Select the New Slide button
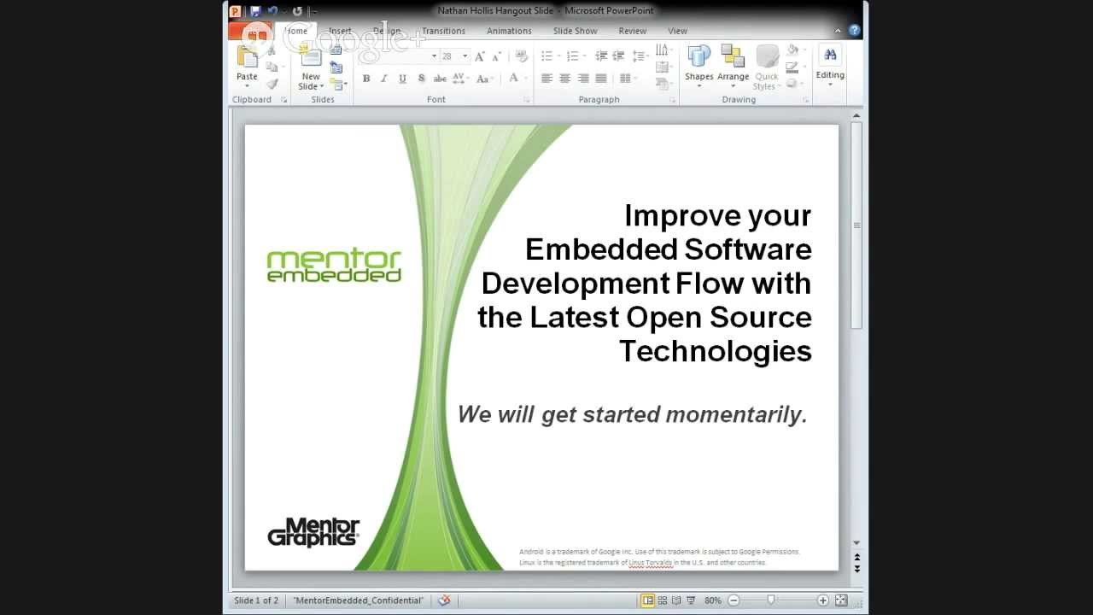(x=311, y=68)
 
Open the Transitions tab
(x=443, y=31)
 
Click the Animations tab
(x=509, y=31)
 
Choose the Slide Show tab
(x=575, y=31)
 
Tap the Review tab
(x=632, y=31)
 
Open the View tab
(x=677, y=31)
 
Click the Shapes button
(x=698, y=64)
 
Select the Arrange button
(x=733, y=64)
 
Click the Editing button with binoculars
(x=829, y=64)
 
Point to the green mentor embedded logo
(x=334, y=266)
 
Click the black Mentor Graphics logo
(x=313, y=532)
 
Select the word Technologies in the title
(x=715, y=351)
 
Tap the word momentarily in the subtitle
(x=736, y=414)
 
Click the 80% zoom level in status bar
(x=713, y=600)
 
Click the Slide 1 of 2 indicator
(x=256, y=600)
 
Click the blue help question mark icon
(x=854, y=31)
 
